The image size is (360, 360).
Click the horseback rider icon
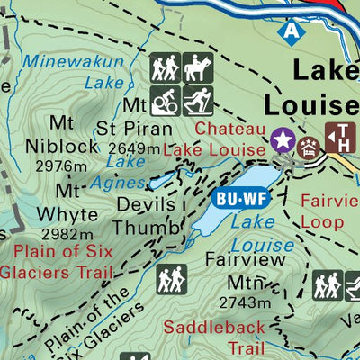(x=196, y=68)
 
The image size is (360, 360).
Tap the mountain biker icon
(x=165, y=100)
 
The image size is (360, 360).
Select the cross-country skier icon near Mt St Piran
(x=196, y=100)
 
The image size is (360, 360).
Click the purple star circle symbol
(x=283, y=139)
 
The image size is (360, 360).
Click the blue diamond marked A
(x=290, y=29)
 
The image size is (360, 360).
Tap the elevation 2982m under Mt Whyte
(x=65, y=235)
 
